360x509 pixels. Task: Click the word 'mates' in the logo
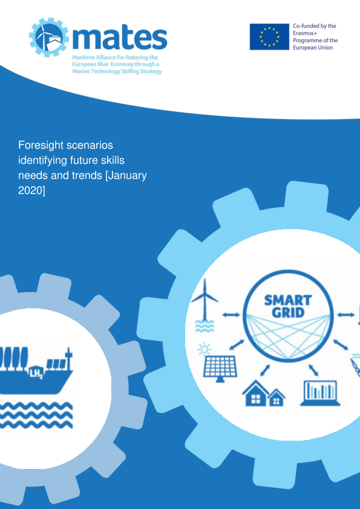click(x=120, y=37)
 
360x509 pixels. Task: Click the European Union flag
click(x=269, y=37)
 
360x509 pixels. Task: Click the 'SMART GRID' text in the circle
click(x=288, y=305)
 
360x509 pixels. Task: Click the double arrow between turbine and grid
click(x=231, y=314)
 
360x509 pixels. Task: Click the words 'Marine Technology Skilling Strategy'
click(x=117, y=71)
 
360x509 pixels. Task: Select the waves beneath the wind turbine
click(x=204, y=326)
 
